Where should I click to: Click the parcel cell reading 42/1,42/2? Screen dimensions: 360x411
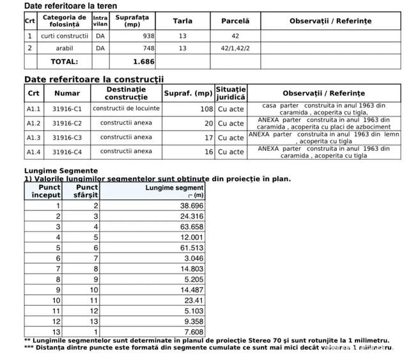tap(235, 48)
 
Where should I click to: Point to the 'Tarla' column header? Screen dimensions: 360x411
tap(183, 21)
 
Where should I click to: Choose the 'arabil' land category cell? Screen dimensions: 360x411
tap(65, 48)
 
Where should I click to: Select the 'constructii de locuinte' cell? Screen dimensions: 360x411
tap(127, 109)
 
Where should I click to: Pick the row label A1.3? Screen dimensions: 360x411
tap(33, 137)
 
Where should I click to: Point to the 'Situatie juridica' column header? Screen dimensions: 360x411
tap(230, 93)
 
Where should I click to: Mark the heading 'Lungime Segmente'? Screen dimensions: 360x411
tap(61, 171)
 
